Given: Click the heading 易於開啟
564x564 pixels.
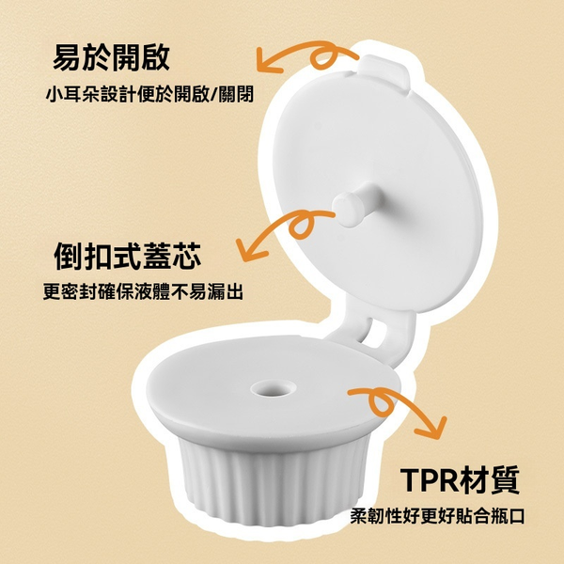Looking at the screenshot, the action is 111,58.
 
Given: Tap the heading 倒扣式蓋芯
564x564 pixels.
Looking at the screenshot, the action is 128,257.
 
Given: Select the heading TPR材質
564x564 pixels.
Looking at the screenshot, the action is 460,479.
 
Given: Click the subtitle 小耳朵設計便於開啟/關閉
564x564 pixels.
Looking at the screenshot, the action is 149,94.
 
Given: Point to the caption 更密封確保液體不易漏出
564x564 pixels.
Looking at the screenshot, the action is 143,291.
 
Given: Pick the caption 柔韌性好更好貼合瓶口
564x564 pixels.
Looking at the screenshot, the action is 437,516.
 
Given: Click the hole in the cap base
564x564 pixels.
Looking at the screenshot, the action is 274,389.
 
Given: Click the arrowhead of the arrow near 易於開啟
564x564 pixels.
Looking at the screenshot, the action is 268,61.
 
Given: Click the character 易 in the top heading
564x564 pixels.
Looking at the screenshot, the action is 67,58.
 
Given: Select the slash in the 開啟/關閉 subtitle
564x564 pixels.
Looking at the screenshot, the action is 213,94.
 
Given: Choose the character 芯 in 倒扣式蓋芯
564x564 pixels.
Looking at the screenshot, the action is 187,257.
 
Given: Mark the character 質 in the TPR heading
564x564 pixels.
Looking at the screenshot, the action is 506,479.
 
